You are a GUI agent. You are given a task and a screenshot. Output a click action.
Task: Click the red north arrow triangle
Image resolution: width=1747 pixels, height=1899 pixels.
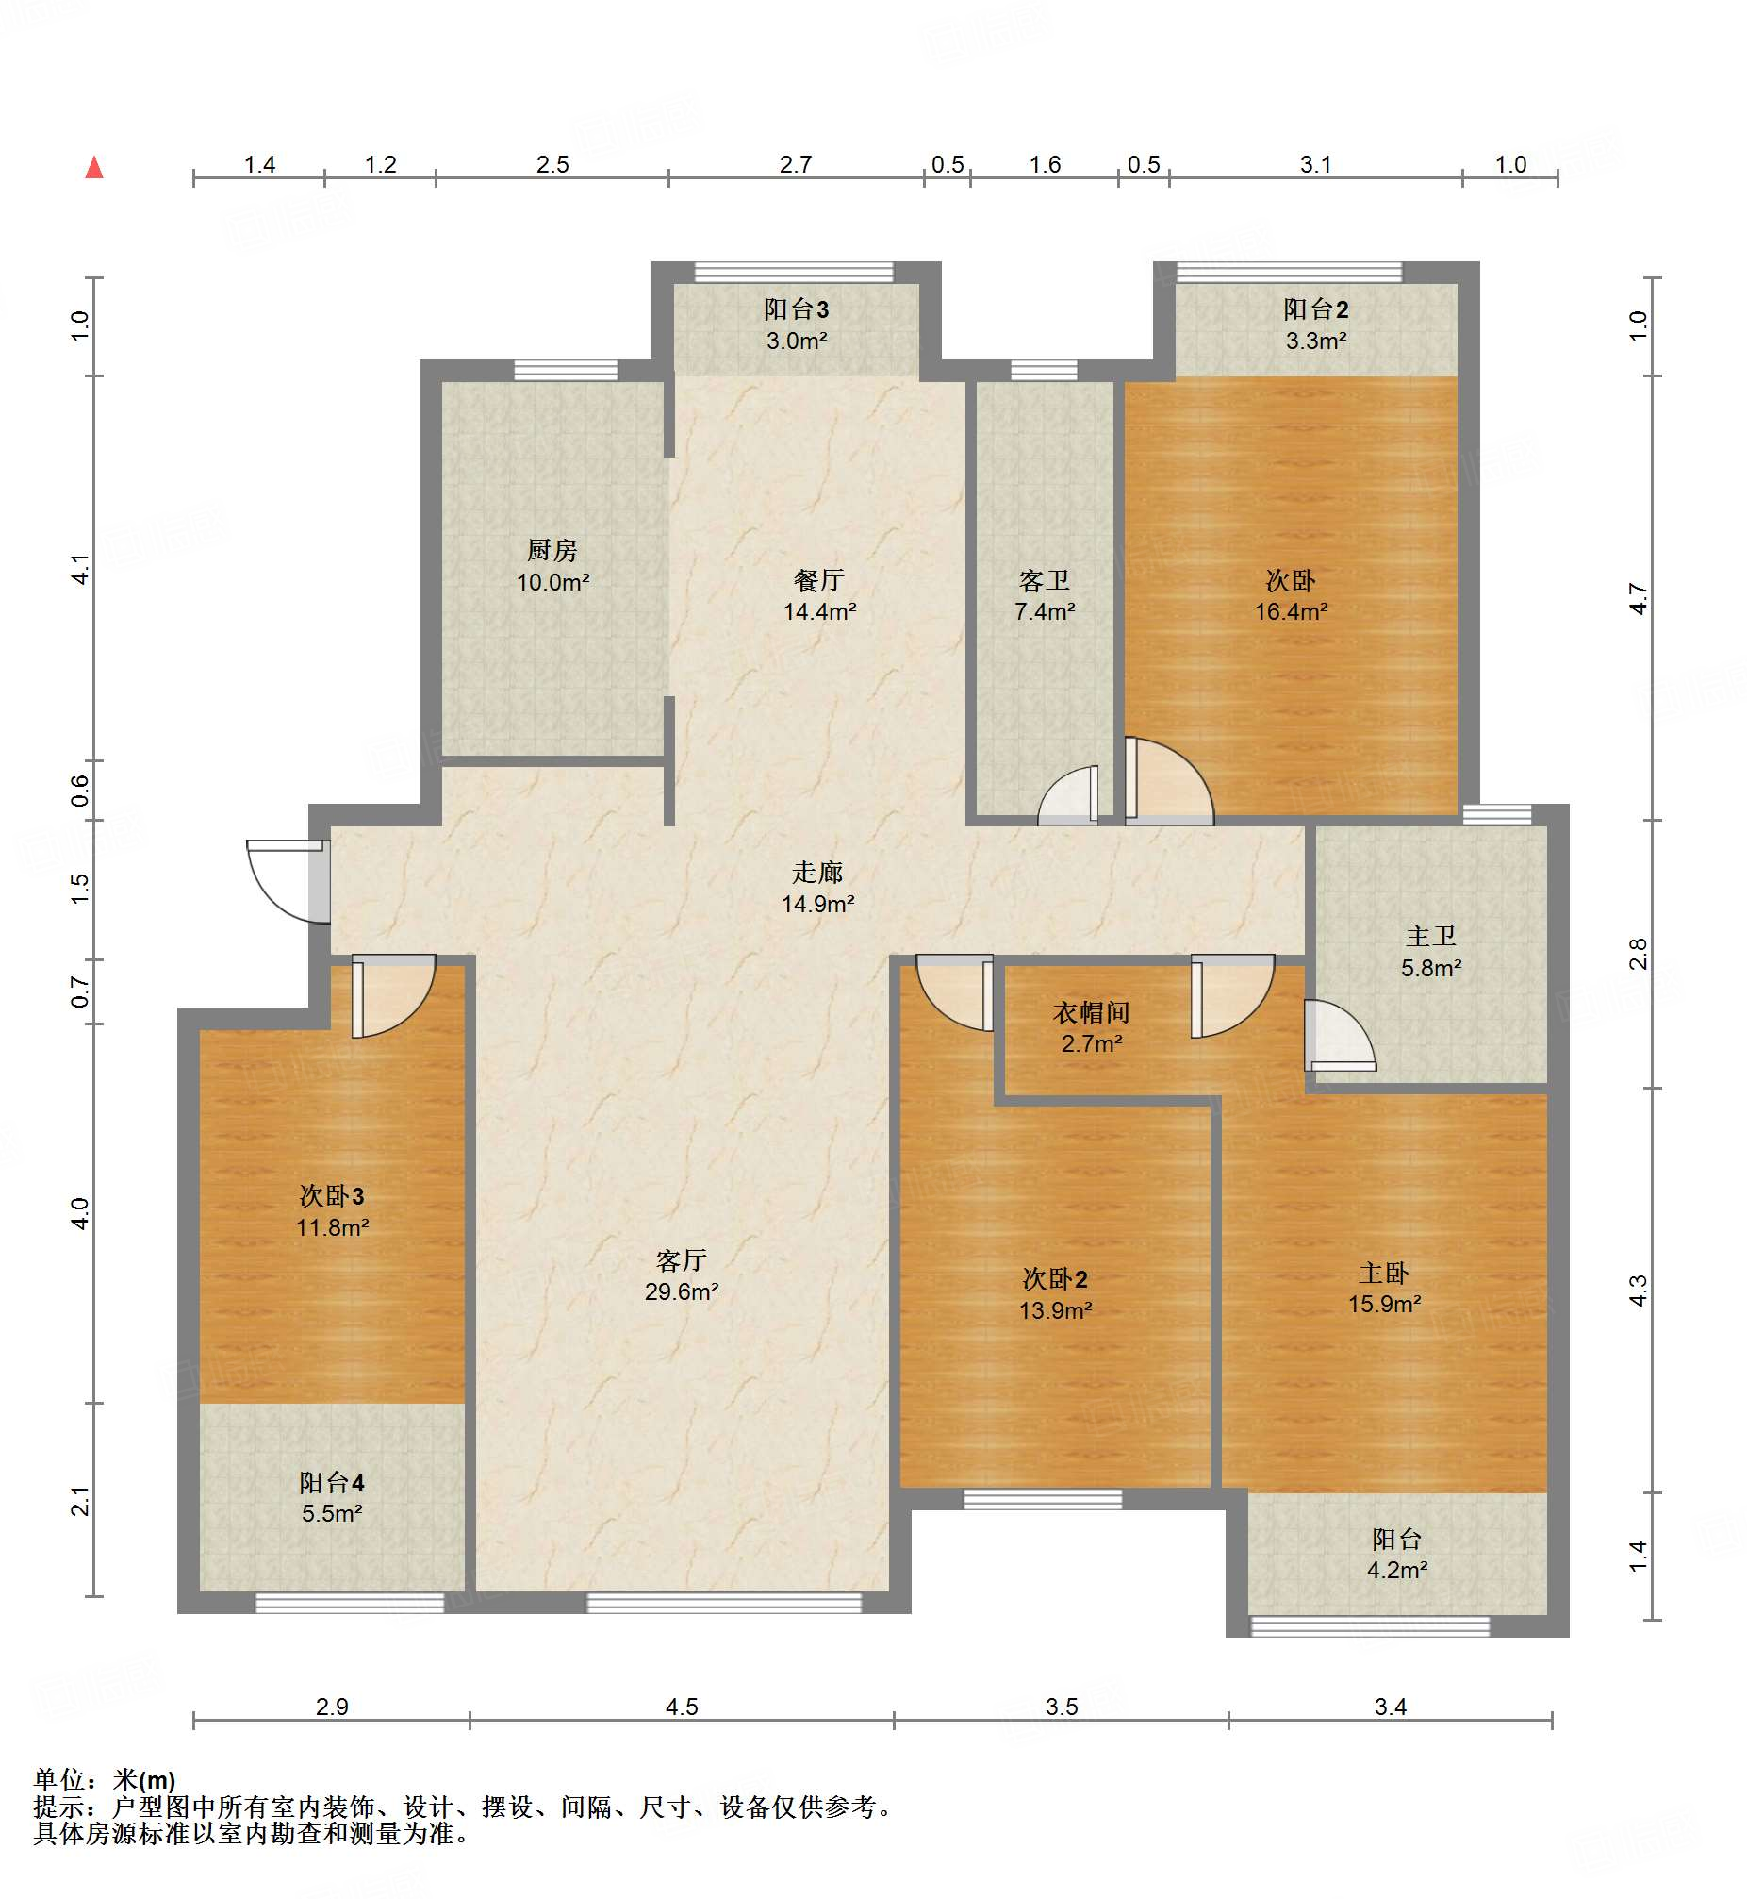coord(94,167)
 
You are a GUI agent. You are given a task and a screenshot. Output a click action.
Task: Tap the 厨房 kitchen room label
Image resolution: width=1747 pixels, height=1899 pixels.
coord(553,565)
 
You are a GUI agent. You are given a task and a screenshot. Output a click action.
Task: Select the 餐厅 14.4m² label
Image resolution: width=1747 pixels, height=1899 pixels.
coord(819,595)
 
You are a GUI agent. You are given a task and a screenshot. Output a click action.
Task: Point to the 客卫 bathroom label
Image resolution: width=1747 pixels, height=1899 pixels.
coord(1045,595)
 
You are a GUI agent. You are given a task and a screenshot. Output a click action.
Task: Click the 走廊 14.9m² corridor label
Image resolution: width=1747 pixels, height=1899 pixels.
coord(817,887)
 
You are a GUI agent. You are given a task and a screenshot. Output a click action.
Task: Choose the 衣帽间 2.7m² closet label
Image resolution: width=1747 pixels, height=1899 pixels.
coord(1092,1028)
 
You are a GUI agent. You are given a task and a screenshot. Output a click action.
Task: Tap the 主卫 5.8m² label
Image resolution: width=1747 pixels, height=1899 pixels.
coord(1431,952)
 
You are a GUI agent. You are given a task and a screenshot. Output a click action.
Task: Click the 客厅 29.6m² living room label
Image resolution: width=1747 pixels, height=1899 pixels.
coord(682,1275)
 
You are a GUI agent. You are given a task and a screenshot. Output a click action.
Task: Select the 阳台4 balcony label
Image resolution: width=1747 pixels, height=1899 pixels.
coord(332,1497)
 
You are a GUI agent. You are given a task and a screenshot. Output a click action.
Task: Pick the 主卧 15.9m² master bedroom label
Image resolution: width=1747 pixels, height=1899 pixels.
coord(1385,1288)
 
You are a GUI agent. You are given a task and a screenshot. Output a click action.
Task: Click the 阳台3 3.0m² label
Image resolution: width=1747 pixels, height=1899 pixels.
coord(797,325)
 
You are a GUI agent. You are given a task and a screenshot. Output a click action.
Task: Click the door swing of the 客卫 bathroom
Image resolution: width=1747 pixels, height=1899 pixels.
coord(1069,795)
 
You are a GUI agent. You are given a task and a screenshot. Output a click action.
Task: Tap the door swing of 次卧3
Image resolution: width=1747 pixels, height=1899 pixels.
coord(393,996)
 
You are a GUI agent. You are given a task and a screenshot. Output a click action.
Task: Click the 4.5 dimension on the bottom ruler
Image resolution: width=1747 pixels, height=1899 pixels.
coord(682,1706)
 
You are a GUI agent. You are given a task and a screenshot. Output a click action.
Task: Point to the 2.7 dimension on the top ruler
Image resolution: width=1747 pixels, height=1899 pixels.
coord(796,164)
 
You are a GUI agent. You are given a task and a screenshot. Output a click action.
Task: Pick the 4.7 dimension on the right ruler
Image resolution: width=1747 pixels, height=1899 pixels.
coord(1639,599)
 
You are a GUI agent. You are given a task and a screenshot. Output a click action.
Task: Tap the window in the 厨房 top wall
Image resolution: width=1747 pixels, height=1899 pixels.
coord(566,370)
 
